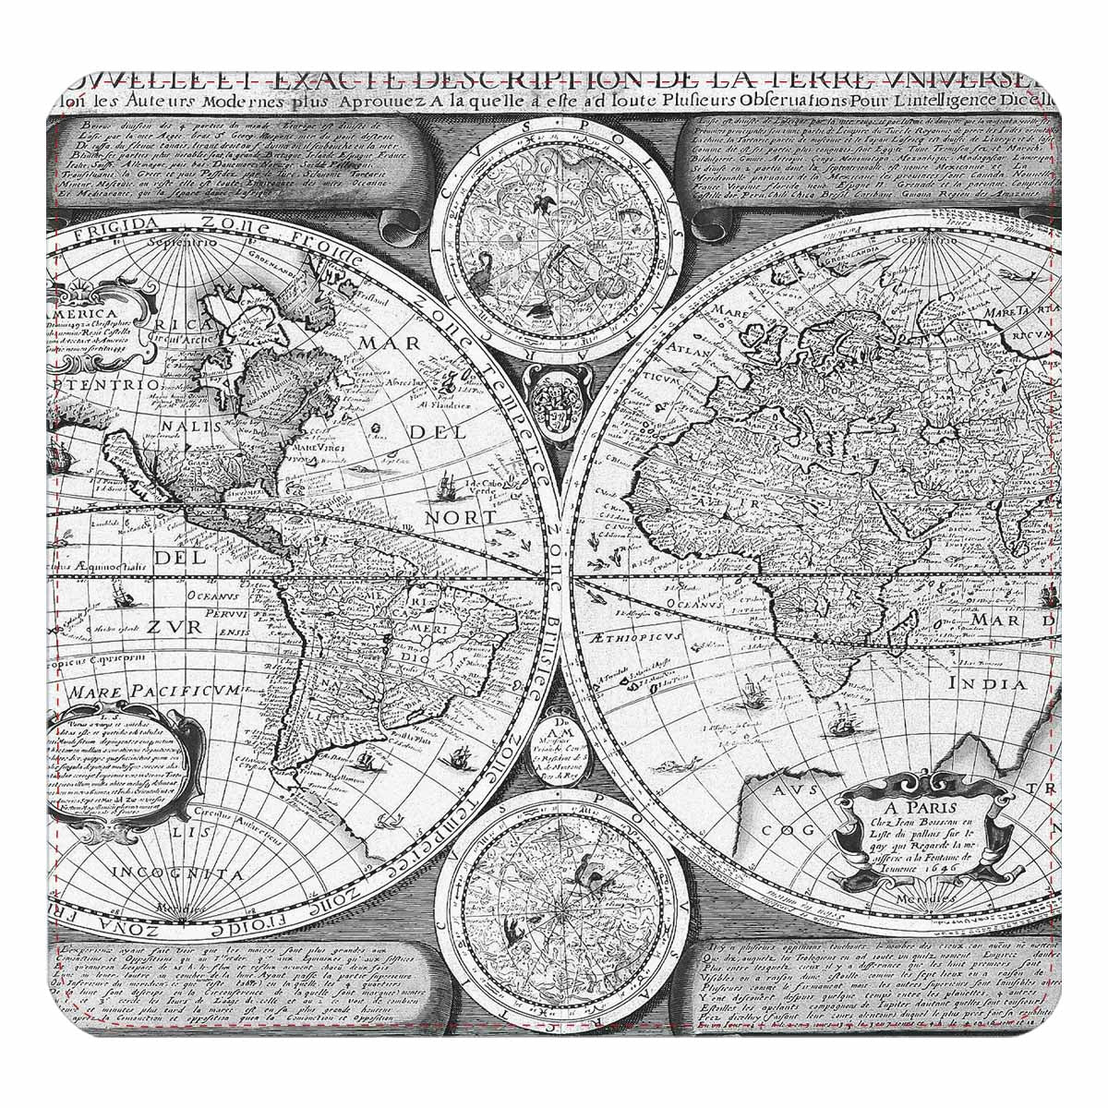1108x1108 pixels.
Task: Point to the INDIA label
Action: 987,684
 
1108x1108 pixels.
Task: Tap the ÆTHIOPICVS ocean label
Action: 632,637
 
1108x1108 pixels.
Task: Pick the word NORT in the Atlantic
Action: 460,517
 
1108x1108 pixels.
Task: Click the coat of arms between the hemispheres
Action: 554,398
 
